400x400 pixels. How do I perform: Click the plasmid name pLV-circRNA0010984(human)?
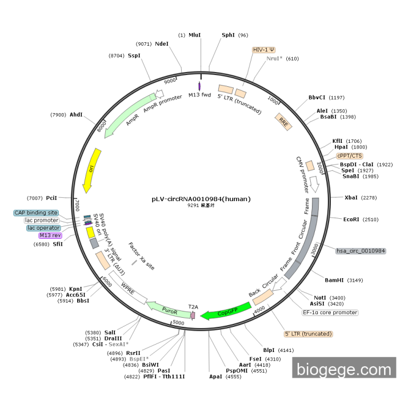click(x=201, y=199)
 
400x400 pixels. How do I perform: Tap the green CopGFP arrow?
click(x=227, y=312)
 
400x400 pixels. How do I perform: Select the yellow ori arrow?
click(x=91, y=170)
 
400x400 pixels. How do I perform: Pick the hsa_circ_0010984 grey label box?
click(x=361, y=251)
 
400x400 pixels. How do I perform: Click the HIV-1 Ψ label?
click(x=264, y=50)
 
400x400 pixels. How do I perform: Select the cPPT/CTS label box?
click(x=349, y=155)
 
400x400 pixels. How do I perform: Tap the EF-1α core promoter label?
click(x=330, y=313)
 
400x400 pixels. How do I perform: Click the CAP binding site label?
click(x=36, y=213)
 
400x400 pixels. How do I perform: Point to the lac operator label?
click(x=43, y=228)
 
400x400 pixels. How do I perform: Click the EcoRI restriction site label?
click(x=352, y=219)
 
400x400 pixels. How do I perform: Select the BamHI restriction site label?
click(x=335, y=280)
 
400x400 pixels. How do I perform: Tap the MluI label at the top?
click(x=195, y=35)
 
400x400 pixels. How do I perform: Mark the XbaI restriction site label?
click(x=352, y=198)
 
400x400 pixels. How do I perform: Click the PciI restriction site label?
click(x=51, y=198)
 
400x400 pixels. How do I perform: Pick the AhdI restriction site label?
click(x=76, y=114)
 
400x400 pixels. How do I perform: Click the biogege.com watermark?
click(x=344, y=369)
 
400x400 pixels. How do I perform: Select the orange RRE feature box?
click(x=283, y=121)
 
